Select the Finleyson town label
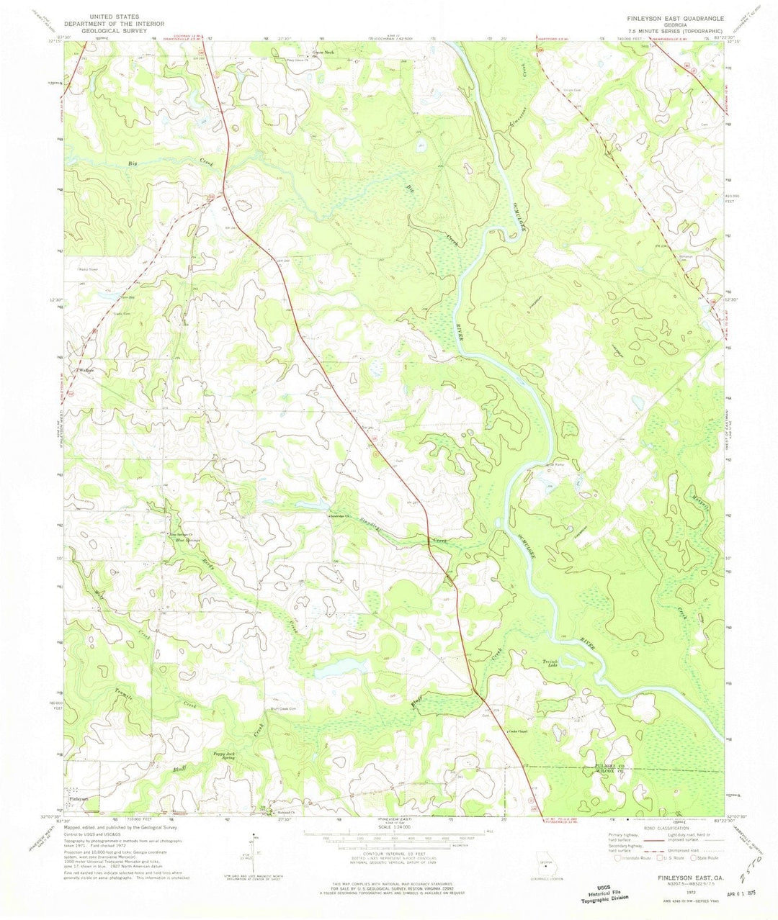[x=78, y=799]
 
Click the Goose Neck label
[x=323, y=53]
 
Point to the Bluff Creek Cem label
[x=284, y=708]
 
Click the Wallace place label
[x=87, y=371]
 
